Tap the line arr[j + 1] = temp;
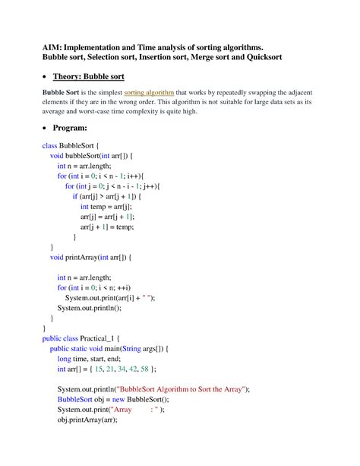coord(106,226)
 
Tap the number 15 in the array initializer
coord(99,369)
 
